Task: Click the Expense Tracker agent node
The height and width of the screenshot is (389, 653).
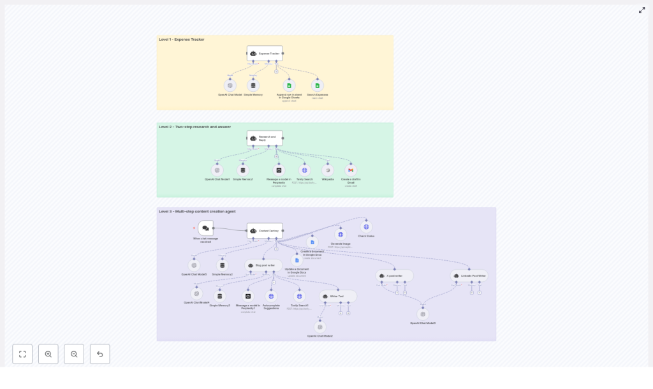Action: coord(265,54)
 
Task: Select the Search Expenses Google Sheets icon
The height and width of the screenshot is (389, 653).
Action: coord(317,85)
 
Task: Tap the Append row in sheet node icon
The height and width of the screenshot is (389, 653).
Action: coord(288,85)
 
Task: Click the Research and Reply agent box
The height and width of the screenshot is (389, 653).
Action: coord(265,138)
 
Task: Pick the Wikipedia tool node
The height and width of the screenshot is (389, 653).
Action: coord(328,170)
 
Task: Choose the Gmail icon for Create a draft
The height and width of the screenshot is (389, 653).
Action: coord(351,170)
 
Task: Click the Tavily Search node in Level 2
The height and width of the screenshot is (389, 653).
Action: coord(305,170)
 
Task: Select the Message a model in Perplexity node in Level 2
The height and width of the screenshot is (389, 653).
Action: coord(279,170)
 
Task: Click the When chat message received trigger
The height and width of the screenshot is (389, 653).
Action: coord(205,228)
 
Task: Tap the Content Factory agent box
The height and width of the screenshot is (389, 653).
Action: coord(265,231)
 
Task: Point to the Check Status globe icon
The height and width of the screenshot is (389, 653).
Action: coord(366,226)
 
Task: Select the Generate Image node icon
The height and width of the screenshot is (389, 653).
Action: coord(341,235)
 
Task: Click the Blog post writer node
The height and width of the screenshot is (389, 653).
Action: coord(263,265)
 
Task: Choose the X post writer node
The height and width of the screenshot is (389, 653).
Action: coord(395,276)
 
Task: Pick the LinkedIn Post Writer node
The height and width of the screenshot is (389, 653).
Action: coord(469,276)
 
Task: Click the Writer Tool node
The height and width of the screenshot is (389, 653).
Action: coord(338,297)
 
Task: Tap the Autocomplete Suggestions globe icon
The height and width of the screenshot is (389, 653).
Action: coord(271,296)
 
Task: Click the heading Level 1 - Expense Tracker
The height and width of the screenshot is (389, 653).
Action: coord(182,40)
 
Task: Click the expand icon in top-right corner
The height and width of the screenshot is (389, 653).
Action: coord(642,10)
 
